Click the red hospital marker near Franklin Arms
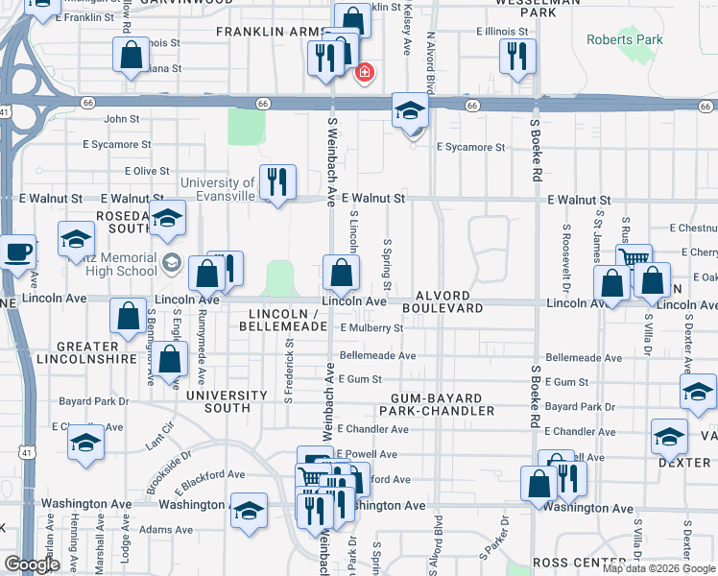tap(365, 72)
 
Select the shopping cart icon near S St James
tap(634, 258)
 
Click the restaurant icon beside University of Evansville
tap(277, 180)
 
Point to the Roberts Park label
tap(624, 40)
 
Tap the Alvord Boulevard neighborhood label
tap(443, 301)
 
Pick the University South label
tap(227, 401)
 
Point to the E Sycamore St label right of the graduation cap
tap(470, 148)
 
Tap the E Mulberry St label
tap(371, 328)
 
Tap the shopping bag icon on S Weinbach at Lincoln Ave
tap(341, 275)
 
